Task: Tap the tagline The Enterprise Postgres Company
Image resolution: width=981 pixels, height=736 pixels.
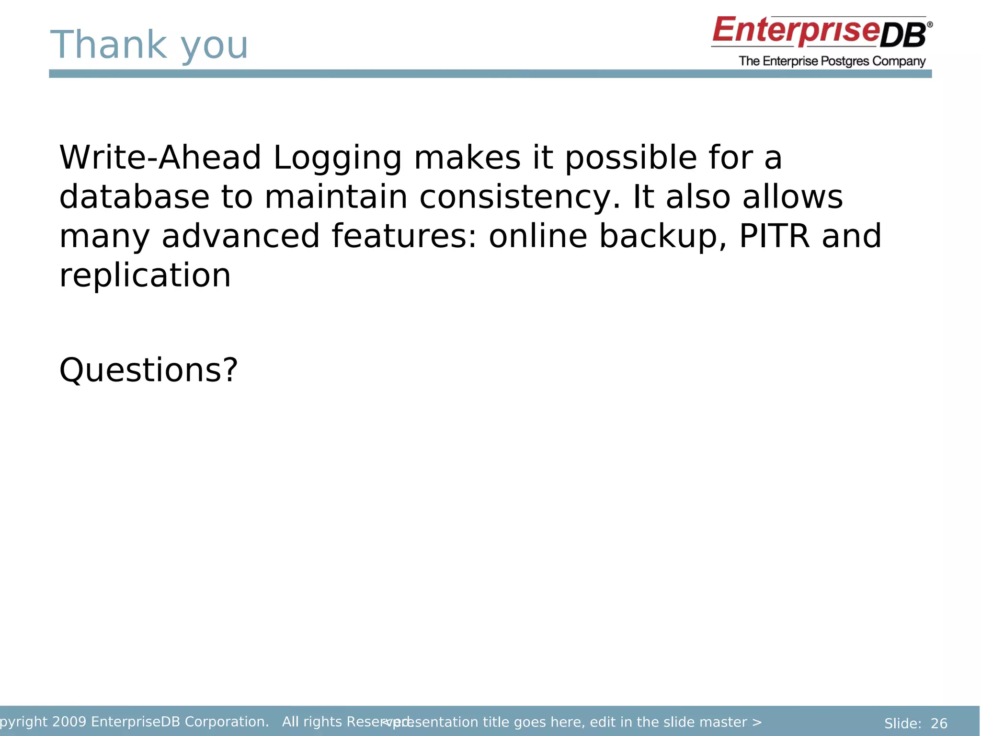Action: [x=832, y=61]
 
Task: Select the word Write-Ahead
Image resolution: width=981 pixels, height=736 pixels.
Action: [x=160, y=158]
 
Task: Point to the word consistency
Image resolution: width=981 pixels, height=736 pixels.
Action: [x=519, y=197]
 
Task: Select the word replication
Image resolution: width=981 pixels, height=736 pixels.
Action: [x=145, y=276]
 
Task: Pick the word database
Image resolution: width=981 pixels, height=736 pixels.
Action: [x=134, y=197]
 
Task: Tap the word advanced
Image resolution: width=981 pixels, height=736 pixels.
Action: [x=240, y=236]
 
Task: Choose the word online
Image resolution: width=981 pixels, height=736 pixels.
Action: [x=537, y=236]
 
